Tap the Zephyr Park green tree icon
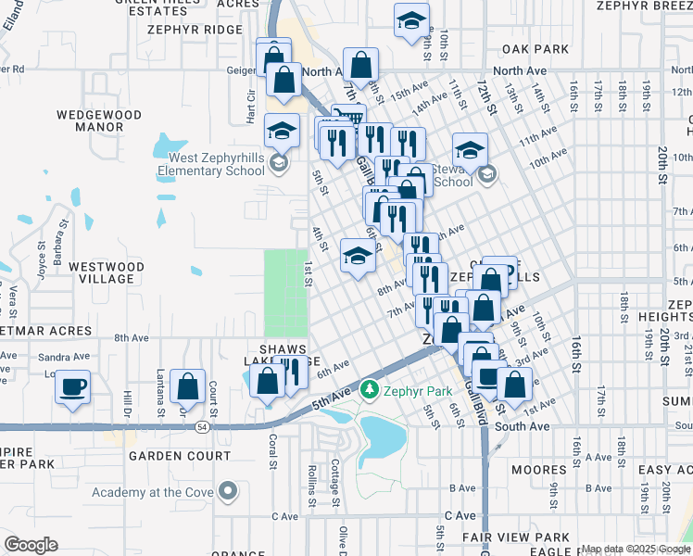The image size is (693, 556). coord(371,388)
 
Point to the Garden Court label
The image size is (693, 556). coord(180,456)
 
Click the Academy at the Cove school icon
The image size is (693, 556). coord(228,491)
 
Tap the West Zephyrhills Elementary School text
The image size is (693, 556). coord(210,164)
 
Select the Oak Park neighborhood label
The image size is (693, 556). coord(535,48)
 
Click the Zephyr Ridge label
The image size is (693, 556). coord(194,30)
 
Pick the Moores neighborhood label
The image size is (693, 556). coord(539,471)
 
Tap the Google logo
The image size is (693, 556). coord(31,545)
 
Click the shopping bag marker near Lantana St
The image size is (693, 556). coord(188,386)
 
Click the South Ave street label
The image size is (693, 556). coord(522,426)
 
